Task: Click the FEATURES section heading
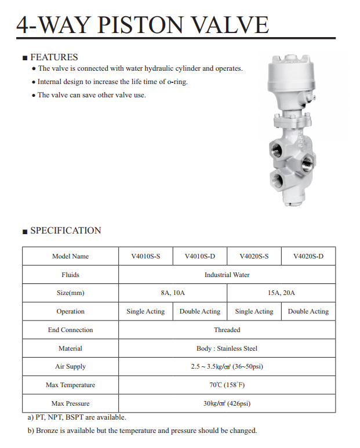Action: click(53, 57)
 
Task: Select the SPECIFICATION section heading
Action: click(66, 230)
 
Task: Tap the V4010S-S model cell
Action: click(146, 256)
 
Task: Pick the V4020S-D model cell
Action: click(308, 256)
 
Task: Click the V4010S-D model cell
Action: click(199, 256)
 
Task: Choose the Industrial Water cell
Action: click(227, 275)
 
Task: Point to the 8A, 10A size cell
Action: click(173, 293)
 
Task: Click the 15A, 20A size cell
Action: click(281, 293)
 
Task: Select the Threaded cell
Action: click(227, 330)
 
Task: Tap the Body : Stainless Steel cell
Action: click(227, 348)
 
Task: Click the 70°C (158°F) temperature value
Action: click(227, 385)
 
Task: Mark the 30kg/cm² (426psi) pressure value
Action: click(227, 403)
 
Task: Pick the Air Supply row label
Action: click(70, 366)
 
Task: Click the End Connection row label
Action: click(70, 330)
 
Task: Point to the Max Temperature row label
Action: click(70, 385)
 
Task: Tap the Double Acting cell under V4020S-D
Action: click(308, 311)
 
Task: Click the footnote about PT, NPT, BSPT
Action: click(77, 417)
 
